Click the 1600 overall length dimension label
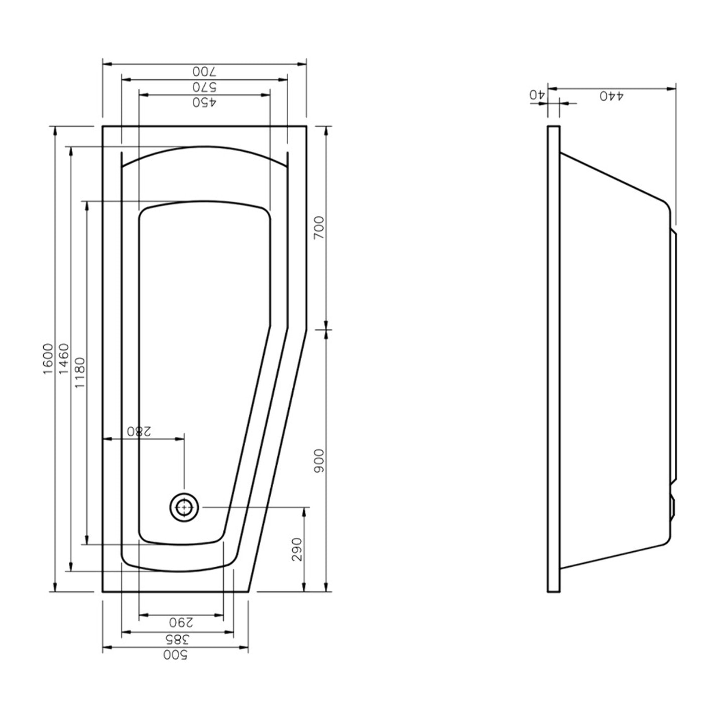48,359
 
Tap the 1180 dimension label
80,373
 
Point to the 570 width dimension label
204,87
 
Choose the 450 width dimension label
204,102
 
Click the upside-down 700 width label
204,71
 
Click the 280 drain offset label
139,431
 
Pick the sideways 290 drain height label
297,549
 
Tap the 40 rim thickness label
538,94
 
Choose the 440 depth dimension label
612,96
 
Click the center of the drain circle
184,507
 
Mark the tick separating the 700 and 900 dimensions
326,329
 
